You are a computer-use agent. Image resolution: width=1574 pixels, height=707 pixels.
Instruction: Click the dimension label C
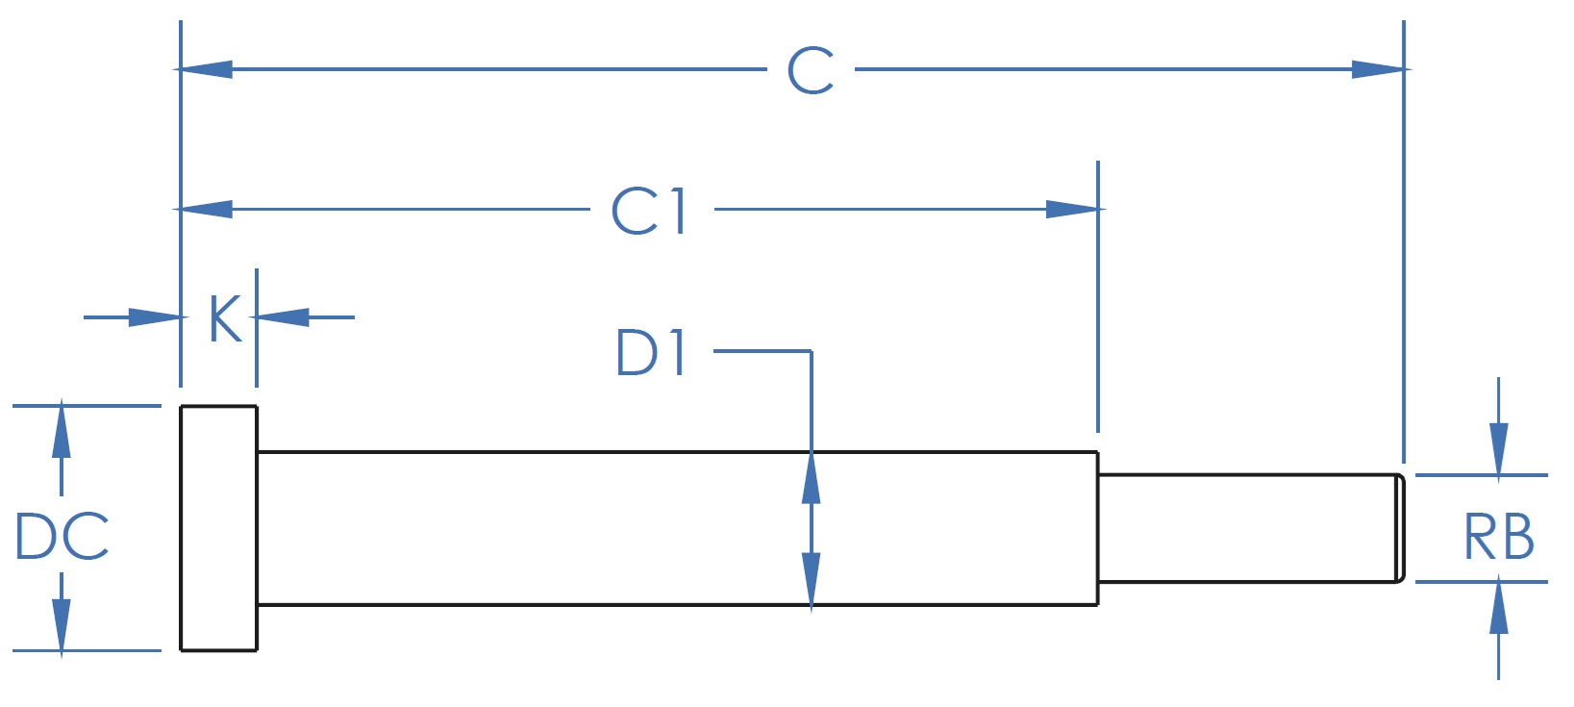click(x=811, y=70)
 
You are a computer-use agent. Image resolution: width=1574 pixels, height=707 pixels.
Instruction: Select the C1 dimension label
click(x=649, y=210)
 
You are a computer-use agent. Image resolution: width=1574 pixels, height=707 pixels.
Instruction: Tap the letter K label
click(x=226, y=318)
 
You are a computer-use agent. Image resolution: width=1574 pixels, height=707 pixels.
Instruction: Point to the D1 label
click(x=650, y=352)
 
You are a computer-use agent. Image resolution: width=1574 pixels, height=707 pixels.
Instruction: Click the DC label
click(x=62, y=536)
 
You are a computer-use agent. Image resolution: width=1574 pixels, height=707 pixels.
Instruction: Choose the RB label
click(x=1499, y=536)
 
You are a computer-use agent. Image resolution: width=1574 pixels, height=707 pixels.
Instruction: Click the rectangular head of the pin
click(x=218, y=528)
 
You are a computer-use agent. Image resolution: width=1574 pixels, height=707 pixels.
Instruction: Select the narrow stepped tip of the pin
click(x=1252, y=528)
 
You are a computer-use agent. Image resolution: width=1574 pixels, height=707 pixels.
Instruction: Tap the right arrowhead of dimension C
click(x=1378, y=69)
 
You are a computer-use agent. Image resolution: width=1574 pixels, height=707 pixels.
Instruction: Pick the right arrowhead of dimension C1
click(x=1072, y=210)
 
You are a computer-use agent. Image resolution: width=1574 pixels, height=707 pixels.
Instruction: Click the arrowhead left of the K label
click(x=155, y=317)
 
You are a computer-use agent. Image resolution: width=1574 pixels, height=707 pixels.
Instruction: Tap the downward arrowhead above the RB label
click(x=1499, y=449)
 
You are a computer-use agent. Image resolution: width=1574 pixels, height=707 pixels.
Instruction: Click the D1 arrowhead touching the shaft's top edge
click(x=812, y=478)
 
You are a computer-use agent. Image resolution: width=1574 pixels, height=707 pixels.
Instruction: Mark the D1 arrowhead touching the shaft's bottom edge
click(x=812, y=578)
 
